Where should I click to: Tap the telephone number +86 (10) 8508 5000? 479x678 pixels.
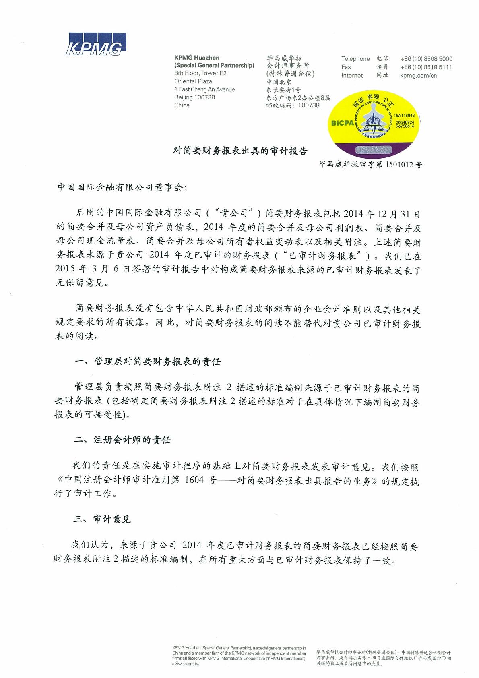[426, 59]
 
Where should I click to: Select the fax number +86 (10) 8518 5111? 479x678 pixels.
[426, 67]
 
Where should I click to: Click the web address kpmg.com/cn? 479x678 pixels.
[418, 76]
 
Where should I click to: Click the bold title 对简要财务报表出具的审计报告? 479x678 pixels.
[240, 151]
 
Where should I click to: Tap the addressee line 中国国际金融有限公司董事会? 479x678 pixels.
[122, 187]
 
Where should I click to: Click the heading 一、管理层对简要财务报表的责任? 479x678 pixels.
[148, 362]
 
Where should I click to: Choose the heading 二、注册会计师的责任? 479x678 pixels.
[122, 440]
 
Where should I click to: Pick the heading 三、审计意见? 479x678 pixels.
[102, 519]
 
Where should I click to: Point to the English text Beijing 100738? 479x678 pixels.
[194, 97]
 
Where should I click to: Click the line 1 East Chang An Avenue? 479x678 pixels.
[204, 89]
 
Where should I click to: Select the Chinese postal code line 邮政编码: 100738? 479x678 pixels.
[293, 105]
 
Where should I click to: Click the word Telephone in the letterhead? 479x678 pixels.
[355, 59]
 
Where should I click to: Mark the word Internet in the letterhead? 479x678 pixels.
[352, 76]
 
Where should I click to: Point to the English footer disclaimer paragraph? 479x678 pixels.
[239, 656]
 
